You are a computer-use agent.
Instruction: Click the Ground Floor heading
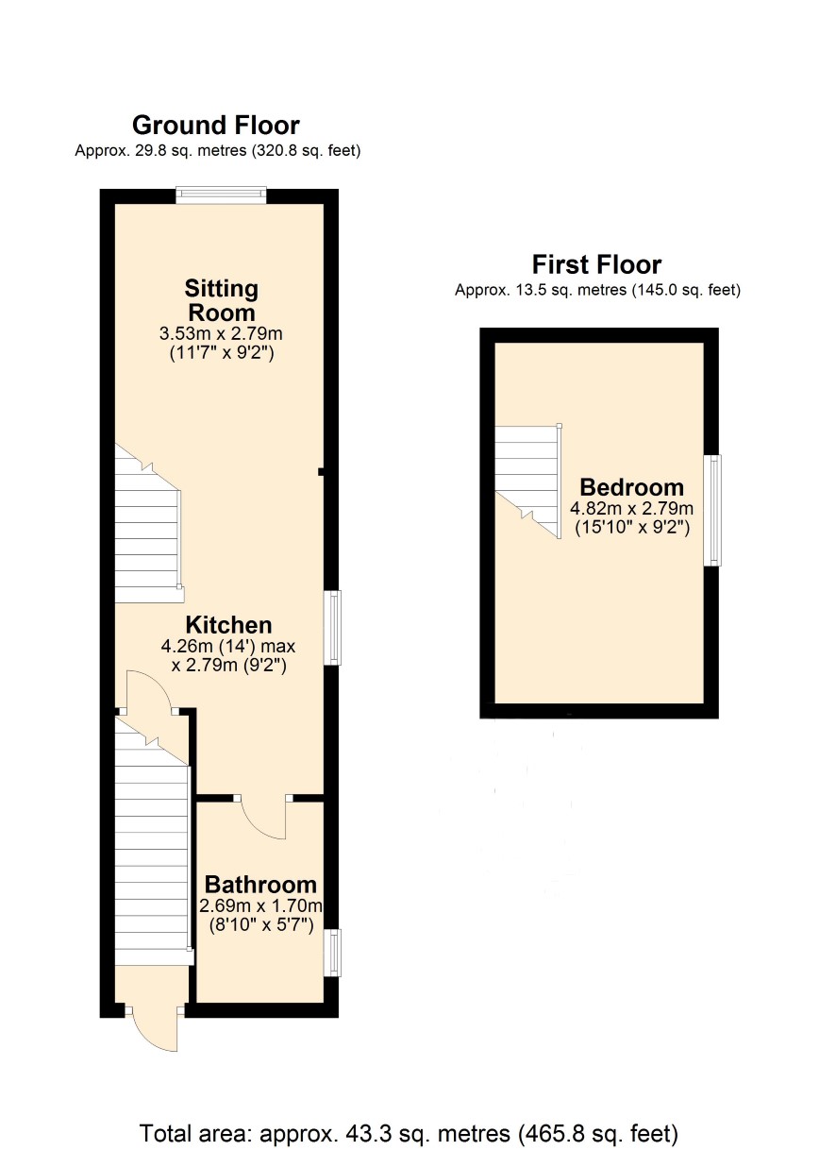215,126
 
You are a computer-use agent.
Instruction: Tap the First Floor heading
597,265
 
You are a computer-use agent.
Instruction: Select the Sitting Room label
221,300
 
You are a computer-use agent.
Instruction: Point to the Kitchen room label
229,625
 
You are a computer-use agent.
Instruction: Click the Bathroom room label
260,885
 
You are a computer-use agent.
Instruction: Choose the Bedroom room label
632,487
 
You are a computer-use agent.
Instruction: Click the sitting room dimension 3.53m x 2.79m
221,333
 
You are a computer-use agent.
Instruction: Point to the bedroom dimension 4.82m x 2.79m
632,508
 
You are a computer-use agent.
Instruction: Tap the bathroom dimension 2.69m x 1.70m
260,905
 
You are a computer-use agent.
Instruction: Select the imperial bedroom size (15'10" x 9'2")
632,528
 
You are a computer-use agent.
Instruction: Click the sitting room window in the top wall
221,194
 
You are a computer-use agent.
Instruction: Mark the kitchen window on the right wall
332,628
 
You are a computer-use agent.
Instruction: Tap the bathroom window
332,953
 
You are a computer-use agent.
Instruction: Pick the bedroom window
711,510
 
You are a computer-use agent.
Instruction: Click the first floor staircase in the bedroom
528,480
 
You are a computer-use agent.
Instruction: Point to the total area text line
409,1133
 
